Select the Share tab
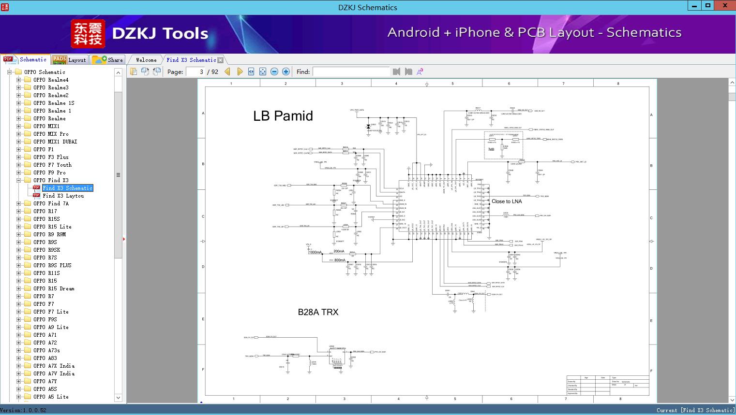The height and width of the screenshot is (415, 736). (108, 60)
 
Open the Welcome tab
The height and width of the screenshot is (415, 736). (146, 60)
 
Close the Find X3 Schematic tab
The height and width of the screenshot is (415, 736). (221, 60)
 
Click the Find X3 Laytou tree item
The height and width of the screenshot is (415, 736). (63, 196)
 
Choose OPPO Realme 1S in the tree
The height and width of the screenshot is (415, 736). (54, 103)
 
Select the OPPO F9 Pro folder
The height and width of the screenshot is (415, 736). (49, 172)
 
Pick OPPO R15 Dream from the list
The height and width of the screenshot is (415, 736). (54, 288)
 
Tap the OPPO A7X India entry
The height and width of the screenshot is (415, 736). (54, 366)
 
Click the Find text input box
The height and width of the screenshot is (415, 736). (351, 72)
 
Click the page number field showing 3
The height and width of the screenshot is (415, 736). (195, 72)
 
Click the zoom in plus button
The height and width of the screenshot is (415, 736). (286, 72)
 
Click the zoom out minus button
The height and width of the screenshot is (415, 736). (274, 72)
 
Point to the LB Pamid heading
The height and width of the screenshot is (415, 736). (283, 116)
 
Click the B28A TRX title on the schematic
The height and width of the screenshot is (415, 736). (318, 312)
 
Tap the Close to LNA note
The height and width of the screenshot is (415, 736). (507, 201)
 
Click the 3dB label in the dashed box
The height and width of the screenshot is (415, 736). (491, 149)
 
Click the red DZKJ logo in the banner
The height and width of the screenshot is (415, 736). (88, 34)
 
